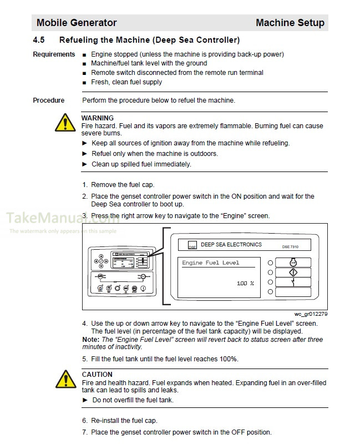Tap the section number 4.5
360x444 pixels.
(x=39, y=40)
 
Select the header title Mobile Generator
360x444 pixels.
(x=77, y=23)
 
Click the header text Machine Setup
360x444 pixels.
(x=290, y=23)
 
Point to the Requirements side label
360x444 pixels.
(x=54, y=54)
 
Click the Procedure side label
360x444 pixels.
(x=49, y=100)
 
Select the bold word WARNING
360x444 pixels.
(x=98, y=118)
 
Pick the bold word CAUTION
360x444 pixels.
(x=97, y=375)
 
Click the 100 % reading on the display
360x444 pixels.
(x=245, y=284)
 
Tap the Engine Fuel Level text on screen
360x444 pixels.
(x=211, y=263)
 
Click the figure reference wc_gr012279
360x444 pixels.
(x=311, y=314)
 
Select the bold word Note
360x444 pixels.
(x=90, y=339)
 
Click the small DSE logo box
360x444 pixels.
(x=192, y=245)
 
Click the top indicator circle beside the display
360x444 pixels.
(x=271, y=263)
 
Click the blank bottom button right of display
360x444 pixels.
(x=293, y=292)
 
